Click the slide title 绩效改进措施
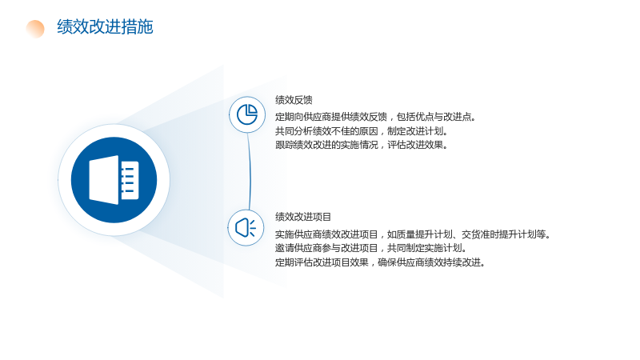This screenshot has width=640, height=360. tap(105, 27)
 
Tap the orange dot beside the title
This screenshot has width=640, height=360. tap(35, 29)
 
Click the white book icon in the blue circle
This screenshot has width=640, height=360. tap(114, 179)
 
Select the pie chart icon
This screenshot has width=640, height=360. tap(247, 114)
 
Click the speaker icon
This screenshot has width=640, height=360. tap(246, 228)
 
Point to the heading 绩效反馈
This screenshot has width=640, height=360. tap(294, 100)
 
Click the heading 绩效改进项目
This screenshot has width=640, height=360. tap(303, 217)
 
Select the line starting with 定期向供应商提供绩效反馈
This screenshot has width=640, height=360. tap(375, 117)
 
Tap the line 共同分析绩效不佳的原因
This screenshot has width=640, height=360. tap(362, 131)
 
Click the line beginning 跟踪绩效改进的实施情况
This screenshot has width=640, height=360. tap(362, 145)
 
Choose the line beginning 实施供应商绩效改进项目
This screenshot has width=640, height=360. tap(413, 234)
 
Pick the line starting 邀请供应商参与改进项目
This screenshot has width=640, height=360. tap(371, 248)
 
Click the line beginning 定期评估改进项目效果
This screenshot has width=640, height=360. tap(381, 262)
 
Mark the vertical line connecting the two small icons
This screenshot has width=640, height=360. tap(250, 171)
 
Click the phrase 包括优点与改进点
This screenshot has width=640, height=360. tap(436, 117)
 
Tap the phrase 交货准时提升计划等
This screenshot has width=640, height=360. tap(506, 234)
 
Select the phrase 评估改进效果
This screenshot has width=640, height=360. tap(418, 145)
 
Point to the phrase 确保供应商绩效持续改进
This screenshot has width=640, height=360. tap(432, 262)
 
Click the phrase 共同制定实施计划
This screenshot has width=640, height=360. tap(427, 248)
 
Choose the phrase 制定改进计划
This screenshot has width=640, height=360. tap(418, 131)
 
